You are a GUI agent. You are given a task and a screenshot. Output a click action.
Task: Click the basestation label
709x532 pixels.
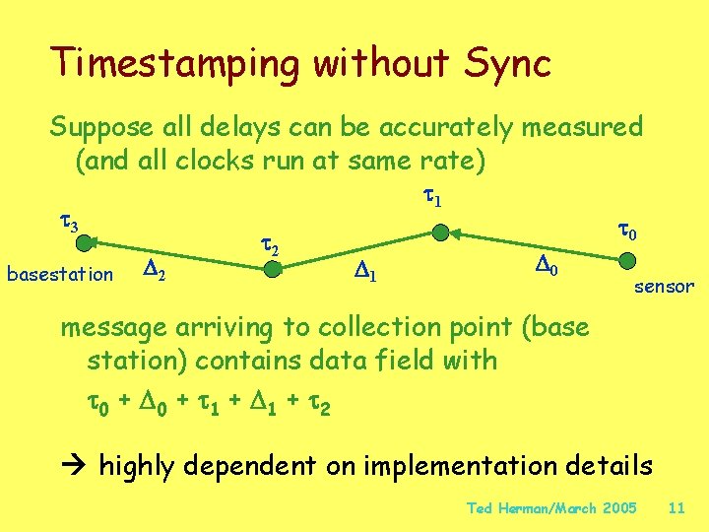(60, 274)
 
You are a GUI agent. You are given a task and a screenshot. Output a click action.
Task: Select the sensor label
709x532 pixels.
(664, 287)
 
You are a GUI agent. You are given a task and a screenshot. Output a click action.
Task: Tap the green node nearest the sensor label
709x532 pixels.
(626, 262)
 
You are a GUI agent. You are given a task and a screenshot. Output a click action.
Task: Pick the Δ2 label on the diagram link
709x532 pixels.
(154, 267)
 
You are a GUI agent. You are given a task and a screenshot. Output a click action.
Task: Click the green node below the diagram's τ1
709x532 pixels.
(441, 233)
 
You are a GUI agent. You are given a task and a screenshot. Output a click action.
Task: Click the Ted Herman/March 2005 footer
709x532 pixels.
(551, 508)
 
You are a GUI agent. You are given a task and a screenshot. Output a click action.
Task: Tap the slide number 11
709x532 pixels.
(676, 508)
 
